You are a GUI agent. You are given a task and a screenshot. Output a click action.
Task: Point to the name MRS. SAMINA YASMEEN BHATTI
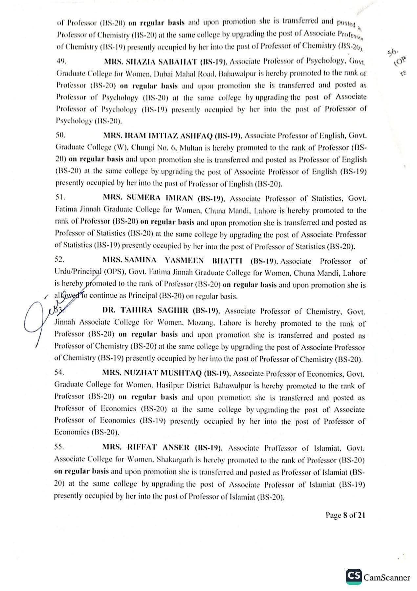click(x=173, y=261)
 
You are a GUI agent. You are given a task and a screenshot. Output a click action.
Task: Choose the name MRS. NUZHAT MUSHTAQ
click(x=153, y=373)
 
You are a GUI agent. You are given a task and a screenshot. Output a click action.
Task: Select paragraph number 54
click(x=60, y=373)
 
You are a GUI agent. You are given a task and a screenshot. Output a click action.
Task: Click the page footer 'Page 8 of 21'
click(x=345, y=515)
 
